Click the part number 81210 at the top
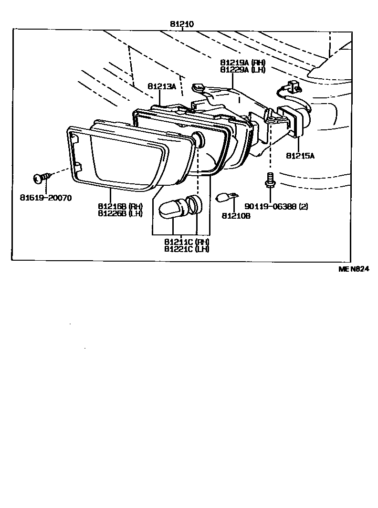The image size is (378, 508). click(182, 23)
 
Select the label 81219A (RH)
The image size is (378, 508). click(243, 63)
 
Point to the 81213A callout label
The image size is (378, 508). click(162, 86)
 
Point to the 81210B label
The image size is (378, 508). click(236, 216)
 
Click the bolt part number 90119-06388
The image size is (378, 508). click(270, 206)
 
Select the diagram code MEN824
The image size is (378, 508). click(354, 269)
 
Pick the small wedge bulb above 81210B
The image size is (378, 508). click(225, 196)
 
